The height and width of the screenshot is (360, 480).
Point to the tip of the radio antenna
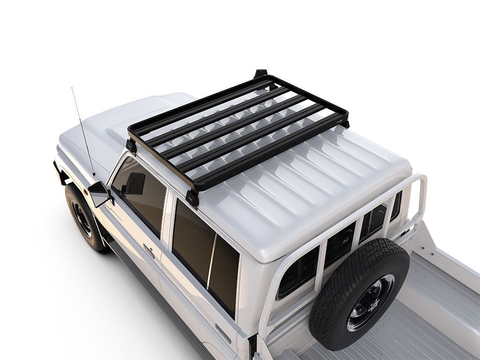click(x=72, y=88)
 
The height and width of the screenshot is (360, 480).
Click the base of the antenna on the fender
click(x=93, y=174)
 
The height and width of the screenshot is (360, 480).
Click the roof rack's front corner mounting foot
click(x=131, y=145)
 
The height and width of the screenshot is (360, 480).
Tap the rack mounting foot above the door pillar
click(x=192, y=197)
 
